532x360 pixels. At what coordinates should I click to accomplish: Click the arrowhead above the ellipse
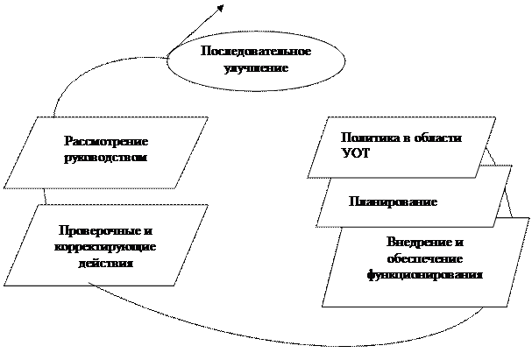(220, 8)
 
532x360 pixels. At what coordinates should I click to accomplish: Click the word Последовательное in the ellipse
(256, 51)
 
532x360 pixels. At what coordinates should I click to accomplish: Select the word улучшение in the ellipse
(256, 68)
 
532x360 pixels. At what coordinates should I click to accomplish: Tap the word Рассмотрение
(106, 141)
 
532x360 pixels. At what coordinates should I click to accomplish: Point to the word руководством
(106, 158)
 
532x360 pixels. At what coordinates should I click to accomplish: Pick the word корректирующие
(105, 247)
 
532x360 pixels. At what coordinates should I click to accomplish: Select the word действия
(105, 264)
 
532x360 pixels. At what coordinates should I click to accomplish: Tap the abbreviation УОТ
(355, 154)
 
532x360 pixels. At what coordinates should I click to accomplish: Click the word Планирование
(394, 202)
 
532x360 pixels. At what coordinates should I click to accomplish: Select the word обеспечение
(425, 258)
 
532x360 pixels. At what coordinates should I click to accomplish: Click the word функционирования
(425, 275)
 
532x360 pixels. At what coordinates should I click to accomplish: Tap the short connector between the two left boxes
(45, 196)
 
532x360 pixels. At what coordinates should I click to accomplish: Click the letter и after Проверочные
(148, 231)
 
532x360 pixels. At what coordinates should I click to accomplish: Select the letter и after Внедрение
(459, 243)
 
